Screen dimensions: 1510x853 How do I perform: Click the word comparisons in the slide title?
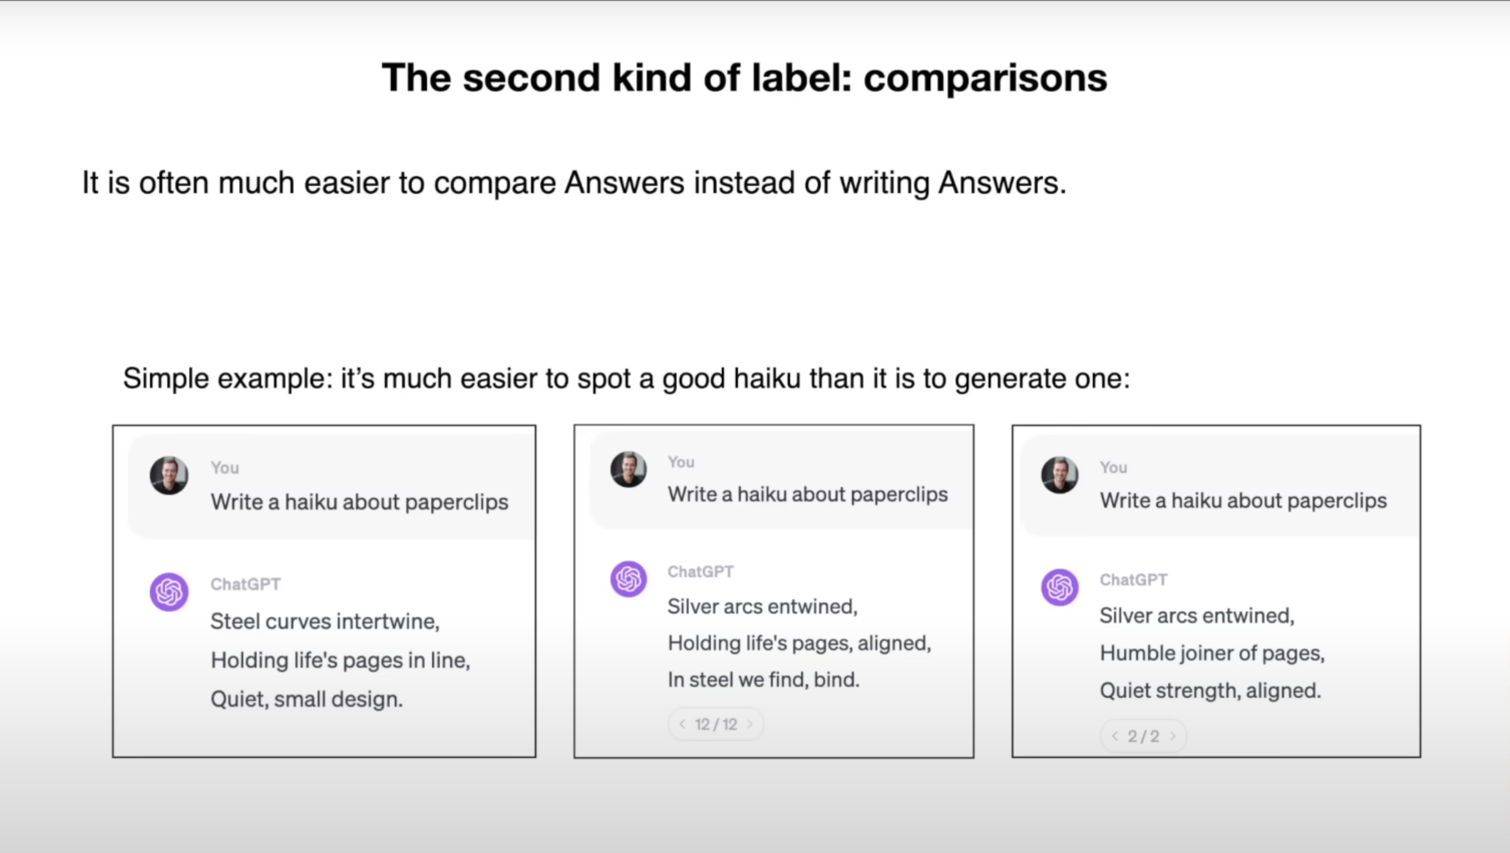pos(985,79)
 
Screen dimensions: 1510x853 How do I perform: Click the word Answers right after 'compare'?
pos(624,182)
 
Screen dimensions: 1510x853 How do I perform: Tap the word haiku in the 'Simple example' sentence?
pos(767,379)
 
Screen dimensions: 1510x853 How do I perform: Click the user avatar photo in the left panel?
pos(169,475)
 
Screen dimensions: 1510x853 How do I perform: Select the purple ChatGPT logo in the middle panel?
pos(629,579)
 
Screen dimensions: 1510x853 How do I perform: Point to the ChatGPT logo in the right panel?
pos(1060,587)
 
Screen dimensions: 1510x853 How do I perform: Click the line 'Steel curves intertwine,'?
pos(325,621)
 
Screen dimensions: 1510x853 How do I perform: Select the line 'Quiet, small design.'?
pos(306,699)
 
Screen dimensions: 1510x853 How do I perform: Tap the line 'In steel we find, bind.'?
pos(763,680)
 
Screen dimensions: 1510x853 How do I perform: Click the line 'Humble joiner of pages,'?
pos(1212,653)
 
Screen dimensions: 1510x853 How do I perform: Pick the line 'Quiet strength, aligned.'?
pos(1210,691)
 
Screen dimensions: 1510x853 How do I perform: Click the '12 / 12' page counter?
pos(716,725)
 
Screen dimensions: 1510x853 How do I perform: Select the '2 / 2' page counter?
pos(1143,736)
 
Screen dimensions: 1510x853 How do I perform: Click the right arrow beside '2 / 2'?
pos(1173,736)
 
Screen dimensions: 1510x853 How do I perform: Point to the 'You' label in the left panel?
pos(225,468)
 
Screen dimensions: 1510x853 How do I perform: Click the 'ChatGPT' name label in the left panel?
pos(246,584)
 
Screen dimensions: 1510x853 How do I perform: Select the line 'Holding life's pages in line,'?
pos(340,660)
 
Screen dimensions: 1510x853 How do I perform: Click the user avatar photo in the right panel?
pos(1060,474)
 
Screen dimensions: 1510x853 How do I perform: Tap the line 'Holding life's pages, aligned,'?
pos(799,643)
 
